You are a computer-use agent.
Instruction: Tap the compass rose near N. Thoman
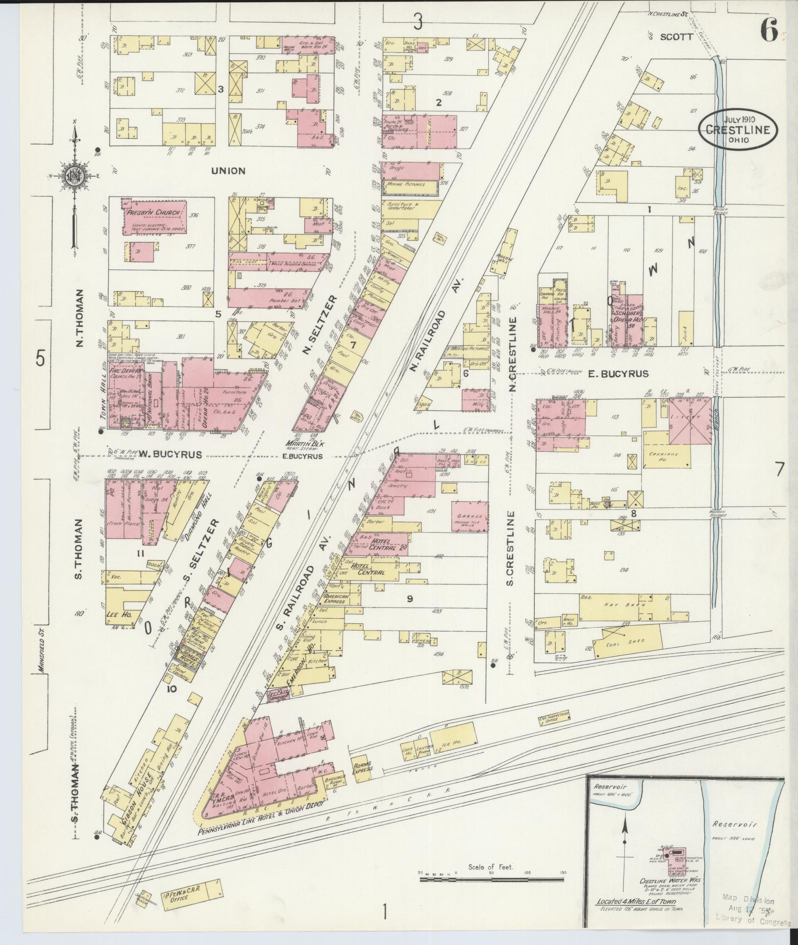pyautogui.click(x=74, y=178)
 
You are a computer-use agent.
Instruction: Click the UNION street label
pyautogui.click(x=228, y=171)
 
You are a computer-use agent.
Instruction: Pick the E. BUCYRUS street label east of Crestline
pyautogui.click(x=619, y=374)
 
